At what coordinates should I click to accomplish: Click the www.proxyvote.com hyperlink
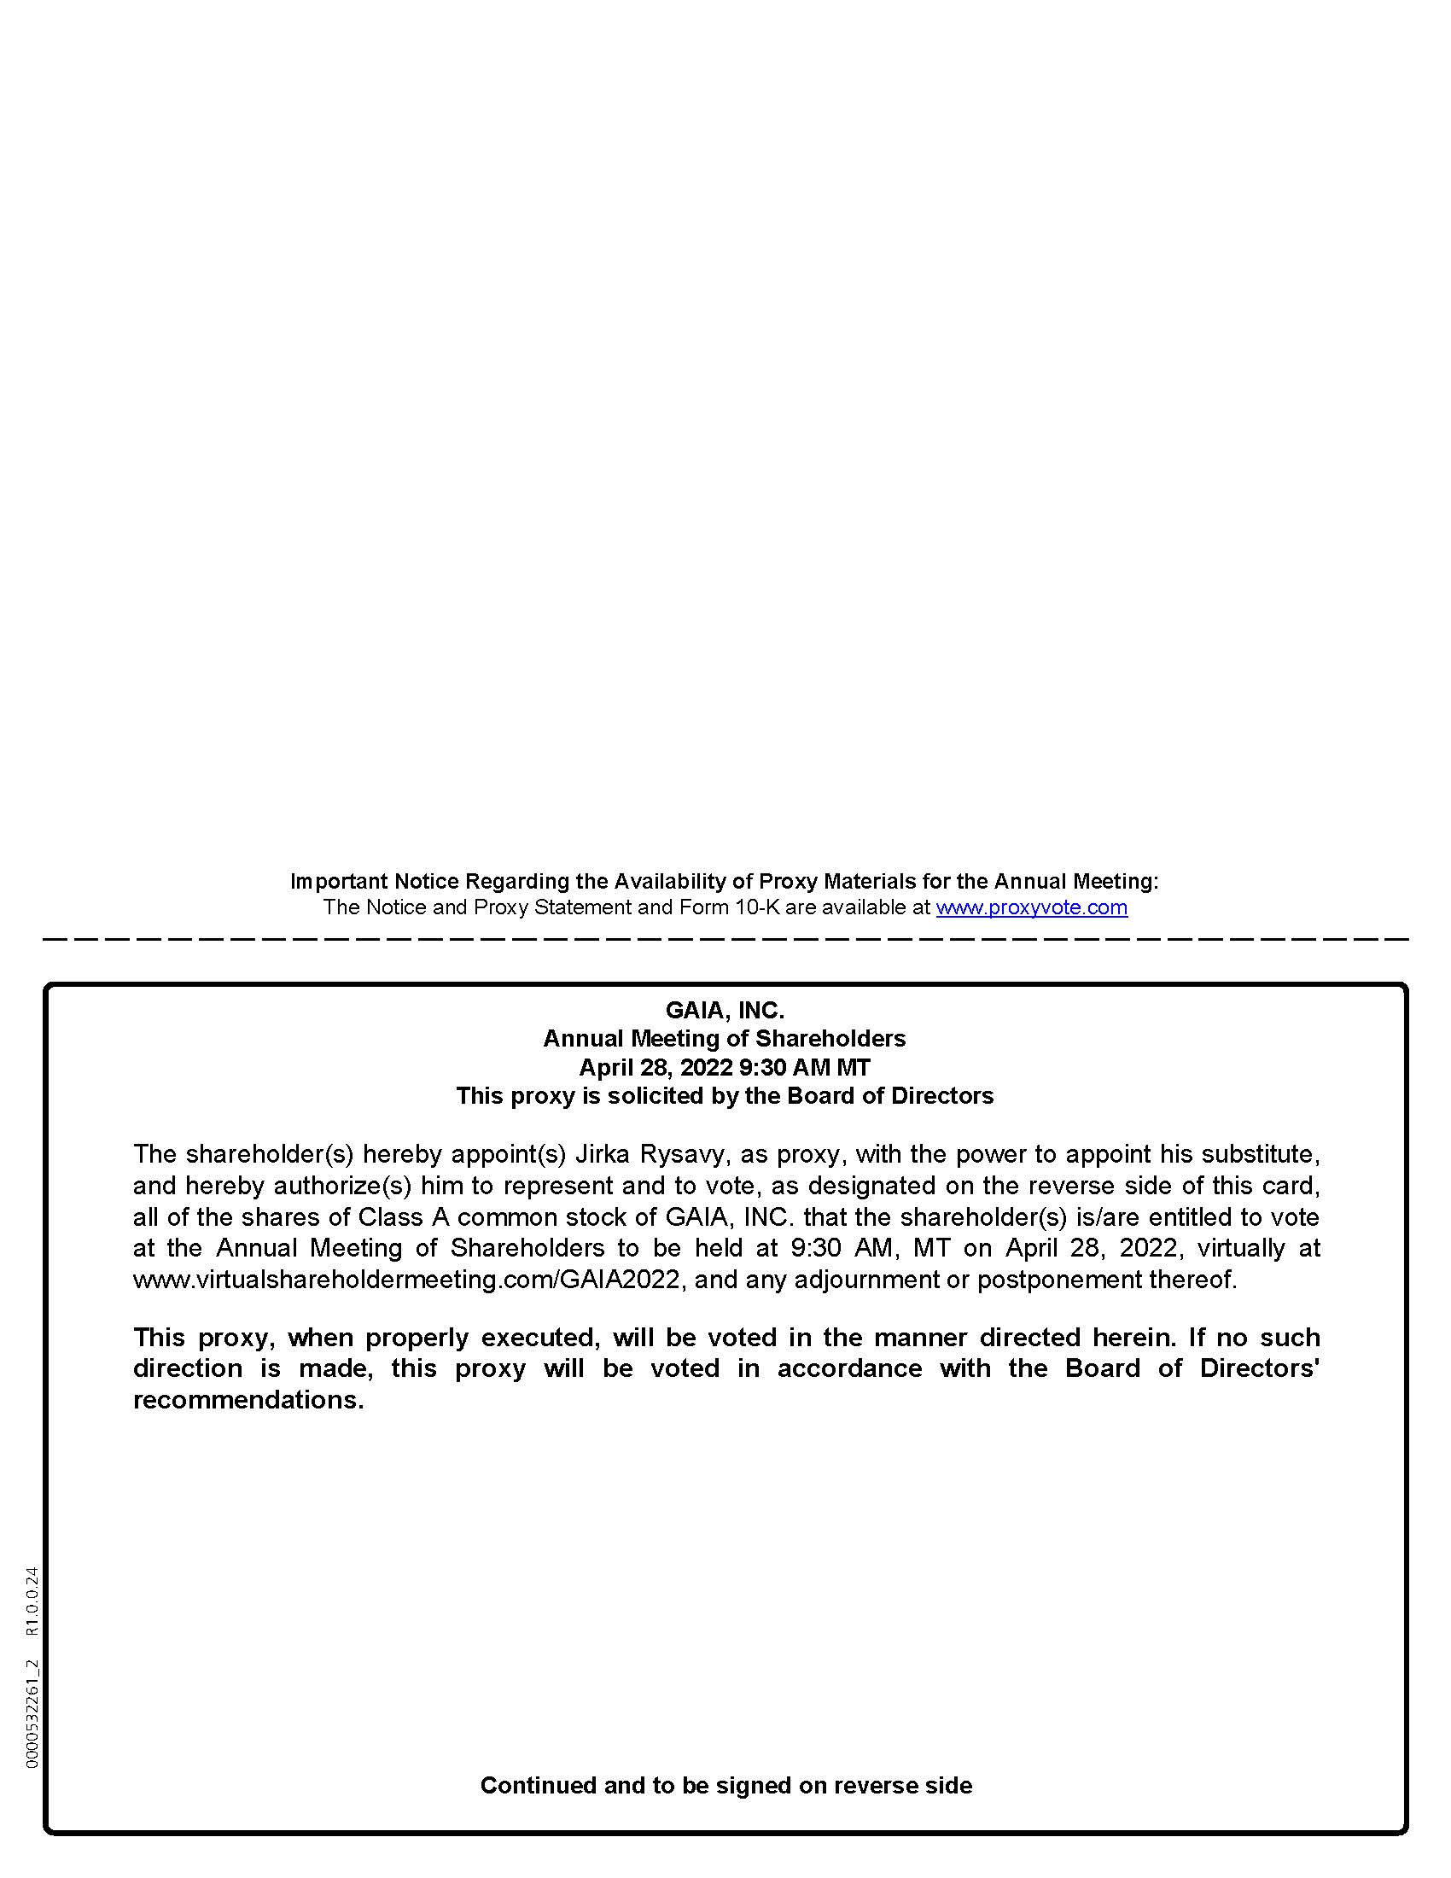point(1032,907)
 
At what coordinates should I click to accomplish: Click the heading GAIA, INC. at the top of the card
point(725,1010)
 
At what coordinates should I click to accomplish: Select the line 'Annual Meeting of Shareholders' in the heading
point(725,1038)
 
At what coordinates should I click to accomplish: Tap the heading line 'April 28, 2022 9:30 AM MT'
point(725,1067)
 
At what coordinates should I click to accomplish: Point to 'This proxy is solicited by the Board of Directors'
point(725,1095)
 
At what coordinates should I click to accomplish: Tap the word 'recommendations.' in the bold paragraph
point(248,1400)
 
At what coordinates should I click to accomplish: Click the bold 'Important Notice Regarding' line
point(725,882)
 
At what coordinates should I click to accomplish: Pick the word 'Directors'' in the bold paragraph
point(1259,1368)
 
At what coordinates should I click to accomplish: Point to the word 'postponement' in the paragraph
point(1059,1280)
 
